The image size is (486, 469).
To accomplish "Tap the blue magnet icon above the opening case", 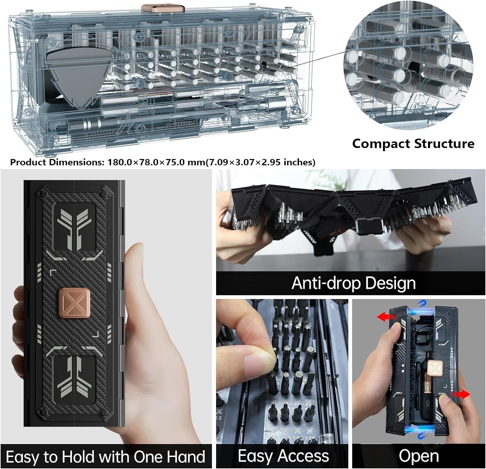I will (x=422, y=304).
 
